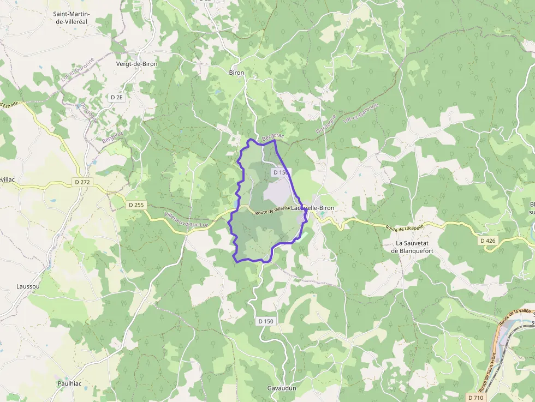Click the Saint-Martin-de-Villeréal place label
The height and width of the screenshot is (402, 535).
[x=76, y=18]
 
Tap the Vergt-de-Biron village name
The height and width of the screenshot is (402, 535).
[x=136, y=64]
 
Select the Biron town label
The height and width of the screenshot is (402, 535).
[x=236, y=73]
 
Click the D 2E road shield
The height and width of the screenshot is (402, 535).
[x=116, y=97]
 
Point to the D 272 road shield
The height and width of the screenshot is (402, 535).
[x=82, y=182]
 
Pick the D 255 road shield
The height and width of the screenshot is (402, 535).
[x=136, y=205]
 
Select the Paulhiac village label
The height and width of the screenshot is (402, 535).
[x=69, y=383]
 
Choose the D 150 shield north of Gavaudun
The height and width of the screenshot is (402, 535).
[x=265, y=321]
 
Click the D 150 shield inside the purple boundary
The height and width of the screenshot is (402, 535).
[x=280, y=172]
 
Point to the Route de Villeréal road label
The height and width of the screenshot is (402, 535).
[x=272, y=209]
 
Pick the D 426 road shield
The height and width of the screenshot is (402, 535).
[x=489, y=240]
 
